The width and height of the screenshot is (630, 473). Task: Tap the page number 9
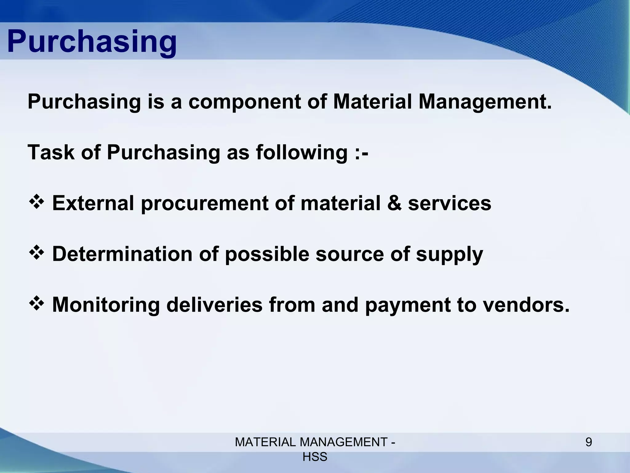tap(588, 443)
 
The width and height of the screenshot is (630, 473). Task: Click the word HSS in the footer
tap(315, 457)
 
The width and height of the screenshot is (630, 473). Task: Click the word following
tap(301, 153)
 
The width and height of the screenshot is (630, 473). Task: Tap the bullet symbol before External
tap(37, 202)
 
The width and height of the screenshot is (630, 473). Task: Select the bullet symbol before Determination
tap(37, 253)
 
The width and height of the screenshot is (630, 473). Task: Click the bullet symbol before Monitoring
tap(37, 304)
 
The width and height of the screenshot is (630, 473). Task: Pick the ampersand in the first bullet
tap(394, 203)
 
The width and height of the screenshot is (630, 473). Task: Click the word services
tap(449, 203)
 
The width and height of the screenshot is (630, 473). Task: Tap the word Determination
tap(122, 254)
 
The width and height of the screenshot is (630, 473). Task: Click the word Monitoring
tap(106, 305)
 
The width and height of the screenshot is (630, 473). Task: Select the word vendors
tap(526, 305)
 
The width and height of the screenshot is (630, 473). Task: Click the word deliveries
tap(214, 305)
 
